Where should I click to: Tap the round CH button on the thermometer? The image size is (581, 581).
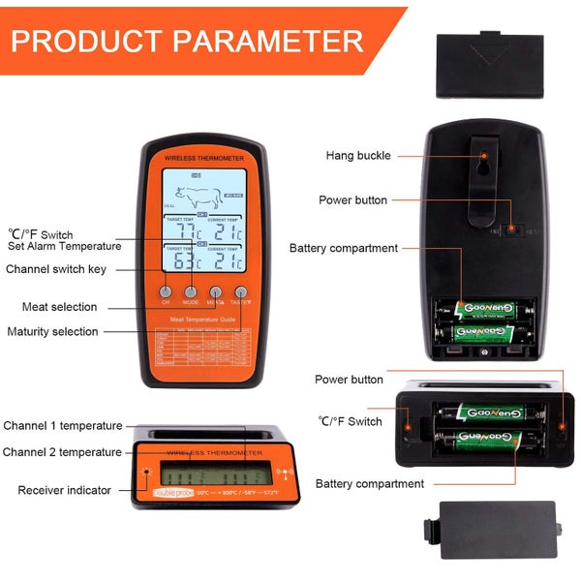(x=166, y=290)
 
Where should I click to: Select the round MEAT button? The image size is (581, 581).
(x=216, y=290)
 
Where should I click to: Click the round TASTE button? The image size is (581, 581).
(x=241, y=290)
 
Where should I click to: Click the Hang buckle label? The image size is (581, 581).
(x=358, y=155)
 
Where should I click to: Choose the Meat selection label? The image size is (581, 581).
(x=60, y=307)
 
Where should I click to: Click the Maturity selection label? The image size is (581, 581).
(x=66, y=331)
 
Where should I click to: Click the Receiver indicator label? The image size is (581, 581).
(x=64, y=490)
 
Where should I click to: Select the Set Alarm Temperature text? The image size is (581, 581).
(x=65, y=246)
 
